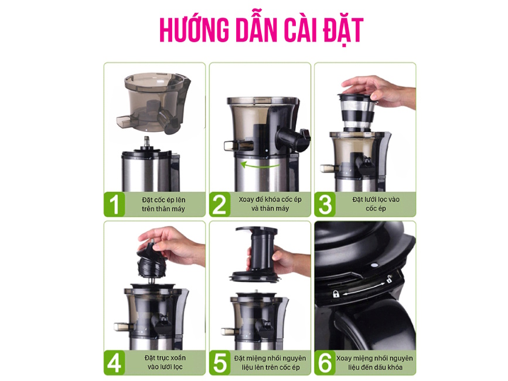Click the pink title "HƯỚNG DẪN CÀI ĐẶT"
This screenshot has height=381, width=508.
(x=261, y=30)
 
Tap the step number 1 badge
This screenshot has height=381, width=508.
(x=114, y=205)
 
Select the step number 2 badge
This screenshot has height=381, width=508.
(x=220, y=205)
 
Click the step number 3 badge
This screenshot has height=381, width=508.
(x=325, y=205)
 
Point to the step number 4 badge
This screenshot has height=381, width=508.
(x=114, y=363)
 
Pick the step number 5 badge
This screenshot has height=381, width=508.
(x=220, y=363)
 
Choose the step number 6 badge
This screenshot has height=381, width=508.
(x=325, y=363)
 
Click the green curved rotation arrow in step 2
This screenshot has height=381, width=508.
(x=258, y=165)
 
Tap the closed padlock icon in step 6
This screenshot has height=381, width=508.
(x=336, y=294)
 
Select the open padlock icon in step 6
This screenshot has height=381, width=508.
(x=389, y=278)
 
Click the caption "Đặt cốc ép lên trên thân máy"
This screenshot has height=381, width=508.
(x=163, y=205)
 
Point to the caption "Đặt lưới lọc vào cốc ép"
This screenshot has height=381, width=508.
(x=376, y=204)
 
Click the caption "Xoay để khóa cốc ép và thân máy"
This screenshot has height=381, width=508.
(x=270, y=204)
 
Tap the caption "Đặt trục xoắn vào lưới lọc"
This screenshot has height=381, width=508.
(x=165, y=362)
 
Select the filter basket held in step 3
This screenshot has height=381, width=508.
(x=356, y=112)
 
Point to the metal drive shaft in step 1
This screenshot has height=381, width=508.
(x=146, y=142)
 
